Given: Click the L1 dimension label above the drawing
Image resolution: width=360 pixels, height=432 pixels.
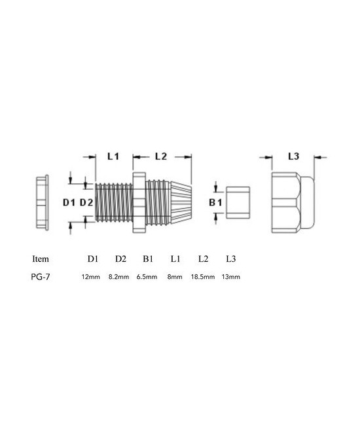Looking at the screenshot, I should [113, 157].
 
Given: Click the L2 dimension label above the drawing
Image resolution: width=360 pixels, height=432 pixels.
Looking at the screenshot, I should [162, 157].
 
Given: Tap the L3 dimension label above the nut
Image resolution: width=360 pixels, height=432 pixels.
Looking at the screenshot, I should [293, 157].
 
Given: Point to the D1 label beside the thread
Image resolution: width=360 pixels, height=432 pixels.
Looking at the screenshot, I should [69, 203].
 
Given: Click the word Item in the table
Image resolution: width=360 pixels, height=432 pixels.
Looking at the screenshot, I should [40, 259].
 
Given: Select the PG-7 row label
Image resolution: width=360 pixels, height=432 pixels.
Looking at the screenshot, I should [41, 277].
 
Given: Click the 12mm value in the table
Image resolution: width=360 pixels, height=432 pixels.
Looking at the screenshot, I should [90, 277].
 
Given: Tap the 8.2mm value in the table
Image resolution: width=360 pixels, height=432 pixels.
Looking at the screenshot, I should [119, 277].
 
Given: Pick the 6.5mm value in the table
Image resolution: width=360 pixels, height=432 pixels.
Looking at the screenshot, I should [147, 277].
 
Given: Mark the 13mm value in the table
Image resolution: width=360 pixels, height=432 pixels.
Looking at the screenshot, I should [232, 277].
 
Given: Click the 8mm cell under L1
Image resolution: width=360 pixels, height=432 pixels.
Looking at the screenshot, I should [175, 277].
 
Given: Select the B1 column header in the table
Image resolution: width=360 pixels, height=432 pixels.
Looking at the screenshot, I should [148, 259].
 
